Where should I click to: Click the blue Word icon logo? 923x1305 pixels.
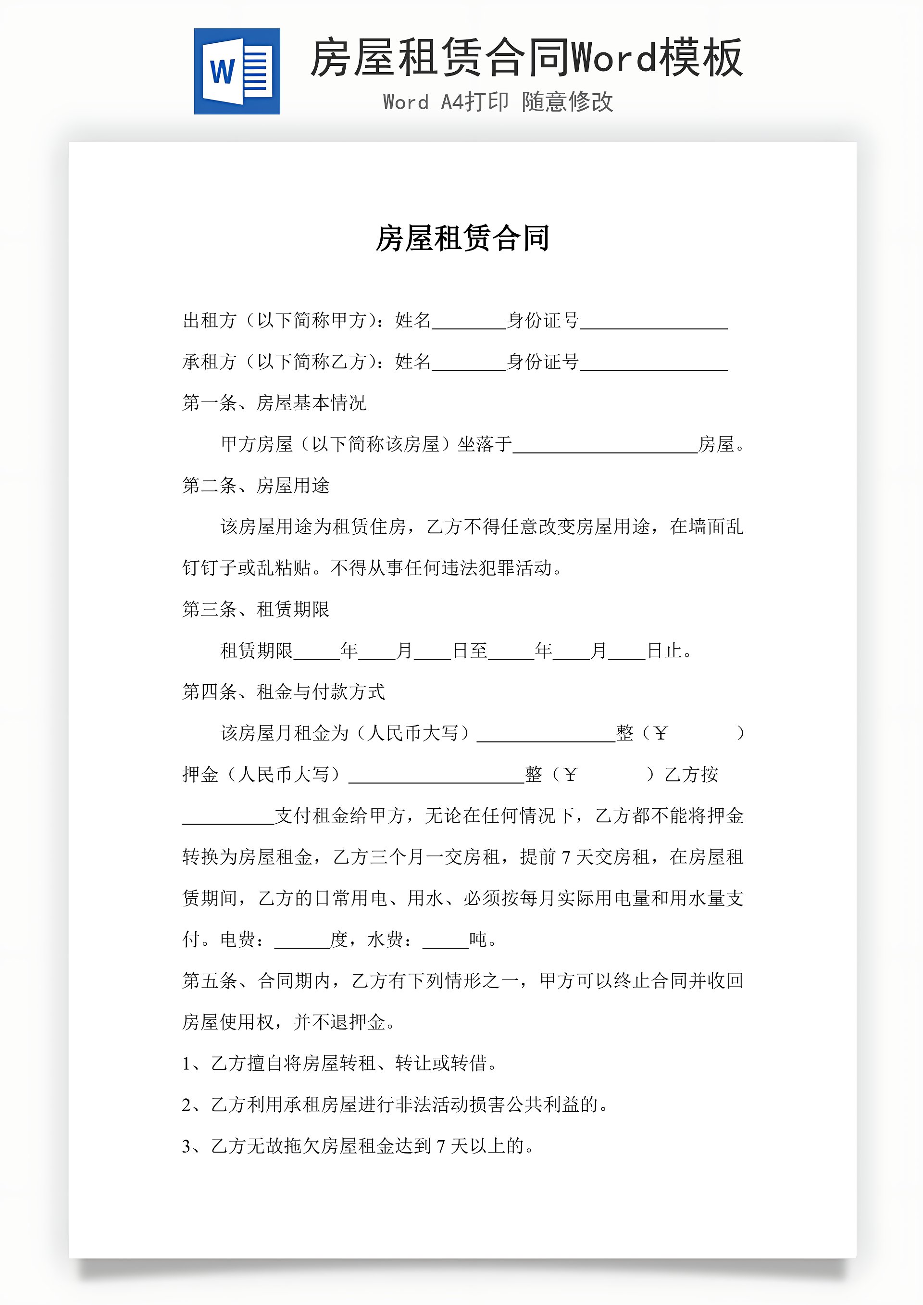237,71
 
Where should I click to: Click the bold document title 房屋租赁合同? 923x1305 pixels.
462,238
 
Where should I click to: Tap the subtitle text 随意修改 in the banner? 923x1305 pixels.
567,102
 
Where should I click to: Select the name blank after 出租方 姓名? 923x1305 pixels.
468,322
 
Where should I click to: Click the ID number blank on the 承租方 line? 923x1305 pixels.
654,363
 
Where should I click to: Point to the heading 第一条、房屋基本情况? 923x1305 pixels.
274,403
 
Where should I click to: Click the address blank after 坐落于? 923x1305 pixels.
605,445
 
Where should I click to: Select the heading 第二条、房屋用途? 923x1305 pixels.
256,485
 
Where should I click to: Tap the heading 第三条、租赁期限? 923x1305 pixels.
256,609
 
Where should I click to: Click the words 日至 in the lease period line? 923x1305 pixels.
470,651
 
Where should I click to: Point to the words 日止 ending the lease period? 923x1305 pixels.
664,651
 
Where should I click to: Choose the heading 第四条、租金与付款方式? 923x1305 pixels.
284,692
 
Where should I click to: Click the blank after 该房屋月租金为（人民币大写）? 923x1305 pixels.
546,734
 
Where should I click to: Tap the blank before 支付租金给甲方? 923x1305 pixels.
228,817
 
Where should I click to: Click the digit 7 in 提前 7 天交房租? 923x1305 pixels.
566,858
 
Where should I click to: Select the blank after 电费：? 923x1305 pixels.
302,941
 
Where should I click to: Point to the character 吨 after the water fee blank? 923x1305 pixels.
478,940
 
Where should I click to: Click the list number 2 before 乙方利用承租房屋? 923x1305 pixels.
187,1105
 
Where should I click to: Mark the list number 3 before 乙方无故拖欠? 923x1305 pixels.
187,1146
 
